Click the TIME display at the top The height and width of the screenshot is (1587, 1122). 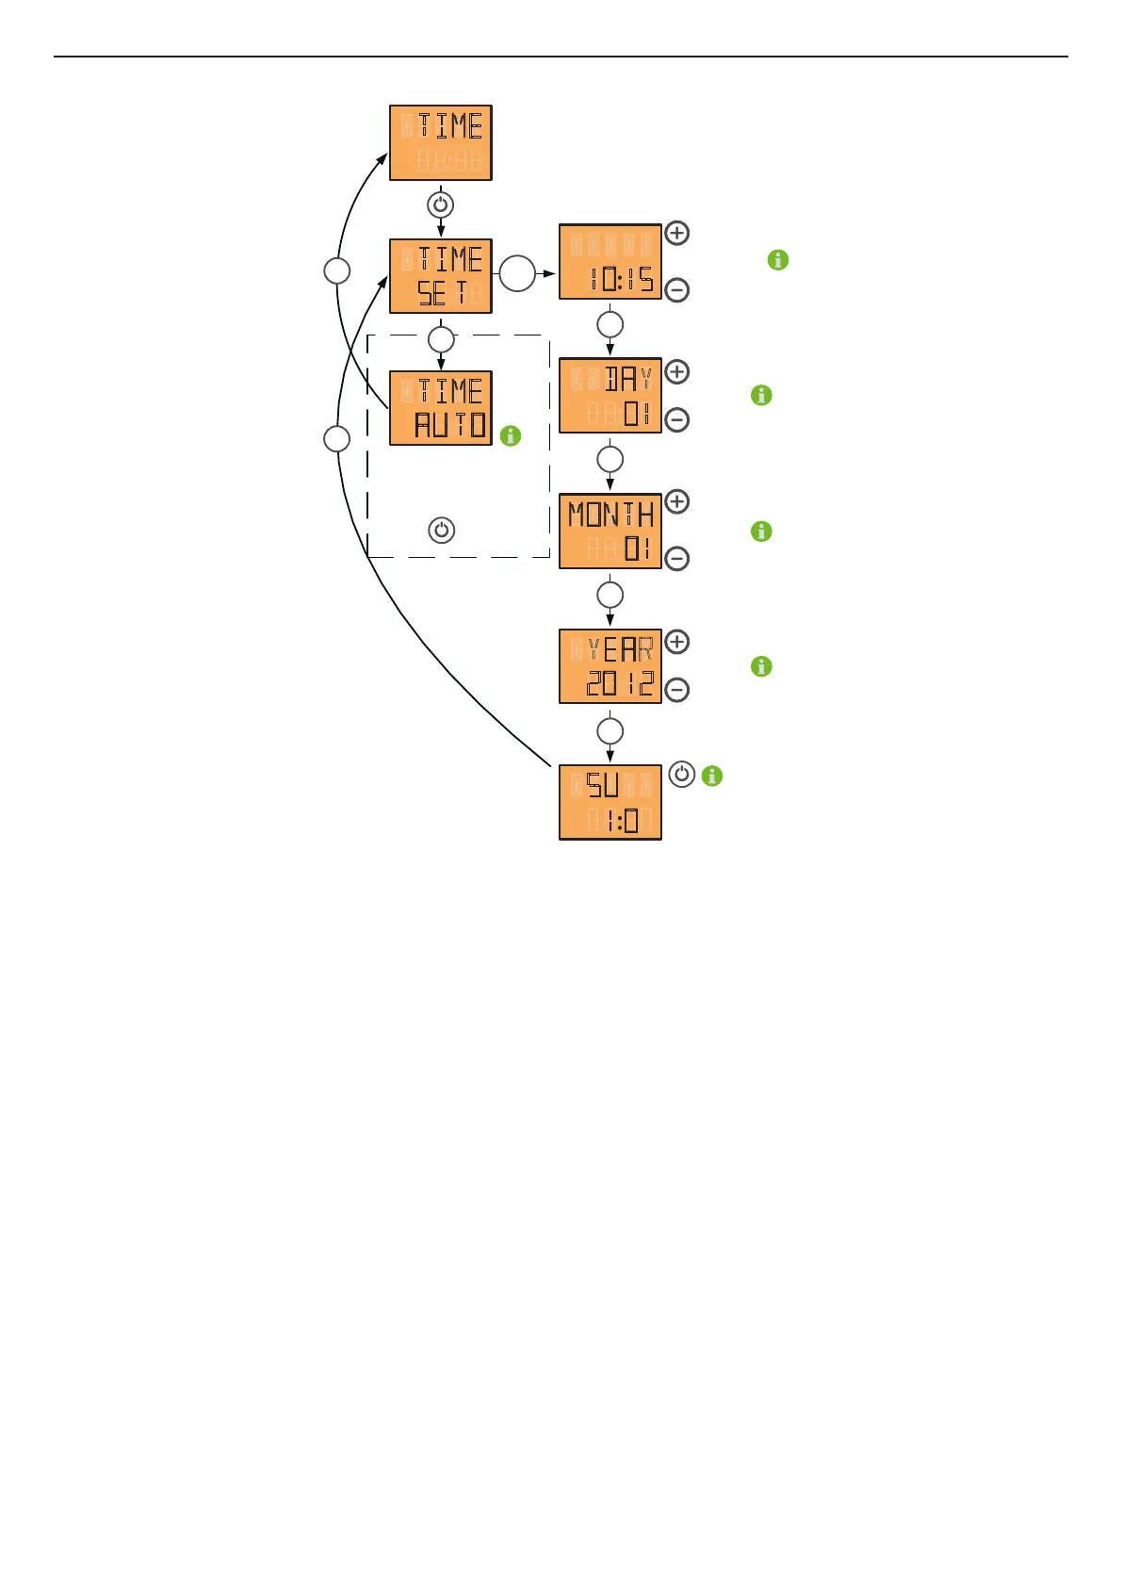(x=441, y=143)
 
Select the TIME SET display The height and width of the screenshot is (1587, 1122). (x=441, y=276)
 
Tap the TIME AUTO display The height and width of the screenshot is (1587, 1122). (x=441, y=408)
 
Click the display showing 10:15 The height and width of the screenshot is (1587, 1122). (x=610, y=262)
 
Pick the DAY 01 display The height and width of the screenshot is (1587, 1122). (x=610, y=396)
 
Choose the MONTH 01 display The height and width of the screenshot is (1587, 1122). (x=610, y=531)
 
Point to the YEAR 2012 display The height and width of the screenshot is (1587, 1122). (x=610, y=666)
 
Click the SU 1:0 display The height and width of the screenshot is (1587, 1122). (x=610, y=802)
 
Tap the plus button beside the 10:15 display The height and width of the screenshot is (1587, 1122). (x=677, y=233)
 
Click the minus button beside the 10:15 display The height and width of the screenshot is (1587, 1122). (x=677, y=290)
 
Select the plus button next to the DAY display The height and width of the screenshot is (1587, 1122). (x=677, y=371)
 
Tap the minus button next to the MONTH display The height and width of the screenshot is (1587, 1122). (x=677, y=559)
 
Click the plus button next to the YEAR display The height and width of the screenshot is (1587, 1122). (x=677, y=642)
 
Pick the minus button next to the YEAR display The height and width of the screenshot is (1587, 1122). (x=677, y=690)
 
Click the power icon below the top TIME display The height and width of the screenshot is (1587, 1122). (x=441, y=205)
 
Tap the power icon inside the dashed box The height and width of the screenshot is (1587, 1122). (x=442, y=530)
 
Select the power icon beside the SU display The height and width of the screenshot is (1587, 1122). (x=682, y=775)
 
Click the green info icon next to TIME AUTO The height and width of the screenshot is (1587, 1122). (x=511, y=435)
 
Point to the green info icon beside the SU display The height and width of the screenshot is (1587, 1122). (x=712, y=776)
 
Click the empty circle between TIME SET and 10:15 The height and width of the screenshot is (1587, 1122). (x=517, y=273)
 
